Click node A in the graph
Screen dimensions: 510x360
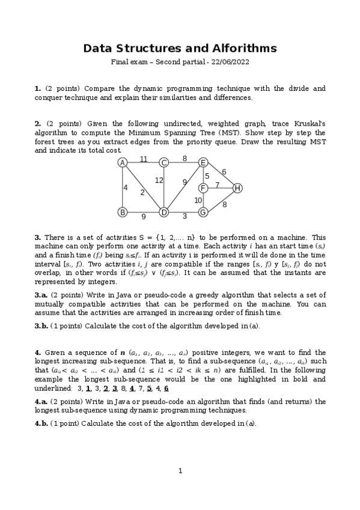pos(122,162)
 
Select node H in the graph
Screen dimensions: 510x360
pos(237,188)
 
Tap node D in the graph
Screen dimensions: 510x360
pos(163,212)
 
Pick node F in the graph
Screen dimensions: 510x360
pos(203,188)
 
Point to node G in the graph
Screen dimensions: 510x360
pos(203,212)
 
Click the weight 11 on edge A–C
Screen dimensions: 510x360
pos(144,159)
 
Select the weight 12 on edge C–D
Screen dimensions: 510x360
pos(159,180)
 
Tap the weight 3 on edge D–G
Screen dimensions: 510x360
pos(185,216)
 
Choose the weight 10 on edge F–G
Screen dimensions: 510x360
pos(198,200)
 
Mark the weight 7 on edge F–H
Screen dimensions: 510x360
pos(218,185)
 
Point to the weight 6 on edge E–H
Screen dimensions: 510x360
pos(224,172)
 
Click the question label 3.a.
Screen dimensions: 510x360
pos(41,295)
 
